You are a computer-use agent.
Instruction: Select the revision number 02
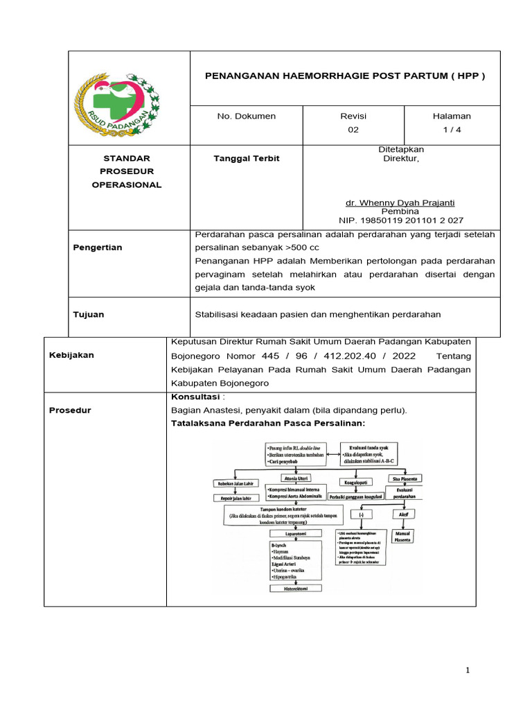pyautogui.click(x=353, y=129)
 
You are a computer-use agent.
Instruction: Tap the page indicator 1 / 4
pyautogui.click(x=452, y=129)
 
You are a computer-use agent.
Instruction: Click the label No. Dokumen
pyautogui.click(x=246, y=116)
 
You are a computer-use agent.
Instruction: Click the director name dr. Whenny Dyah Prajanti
pyautogui.click(x=400, y=202)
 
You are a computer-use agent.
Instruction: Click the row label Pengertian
pyautogui.click(x=98, y=248)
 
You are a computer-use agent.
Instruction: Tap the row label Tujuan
pyautogui.click(x=89, y=314)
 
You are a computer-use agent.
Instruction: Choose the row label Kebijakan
pyautogui.click(x=71, y=355)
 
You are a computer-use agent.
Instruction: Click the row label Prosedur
pyautogui.click(x=70, y=410)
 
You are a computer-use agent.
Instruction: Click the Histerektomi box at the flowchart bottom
pyautogui.click(x=295, y=588)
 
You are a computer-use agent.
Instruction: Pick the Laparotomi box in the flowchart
pyautogui.click(x=295, y=534)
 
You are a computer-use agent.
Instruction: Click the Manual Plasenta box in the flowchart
pyautogui.click(x=402, y=536)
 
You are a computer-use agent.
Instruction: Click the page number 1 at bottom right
pyautogui.click(x=468, y=670)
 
